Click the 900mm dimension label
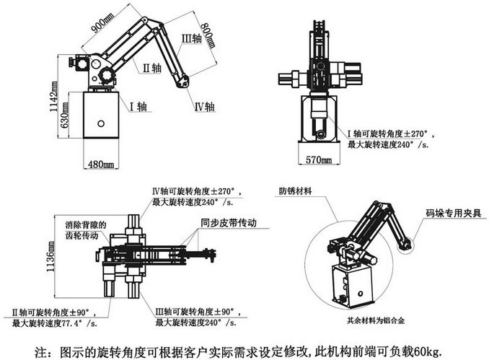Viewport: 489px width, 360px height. (x=101, y=28)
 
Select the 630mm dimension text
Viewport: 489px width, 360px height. (x=65, y=127)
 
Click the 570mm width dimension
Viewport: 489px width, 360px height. (x=317, y=158)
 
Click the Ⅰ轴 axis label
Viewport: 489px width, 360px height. (x=137, y=107)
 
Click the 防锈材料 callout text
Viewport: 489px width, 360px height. (x=298, y=192)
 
